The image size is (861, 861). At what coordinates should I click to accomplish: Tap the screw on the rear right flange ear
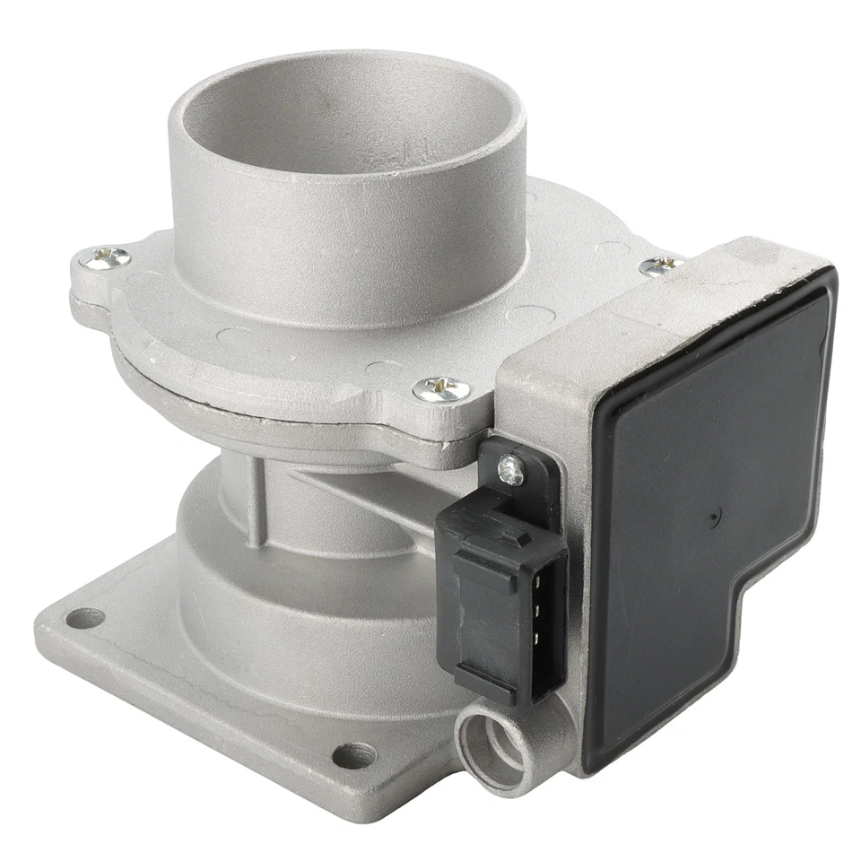pos(663,265)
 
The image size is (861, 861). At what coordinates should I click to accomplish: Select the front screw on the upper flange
pos(441,388)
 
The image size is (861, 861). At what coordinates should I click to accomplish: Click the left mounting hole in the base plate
pos(85,618)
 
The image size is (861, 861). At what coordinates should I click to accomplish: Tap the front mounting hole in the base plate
pos(353,755)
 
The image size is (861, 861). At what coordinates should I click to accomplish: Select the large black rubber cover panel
pos(709,529)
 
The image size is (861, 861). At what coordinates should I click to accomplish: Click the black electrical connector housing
pos(502,592)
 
